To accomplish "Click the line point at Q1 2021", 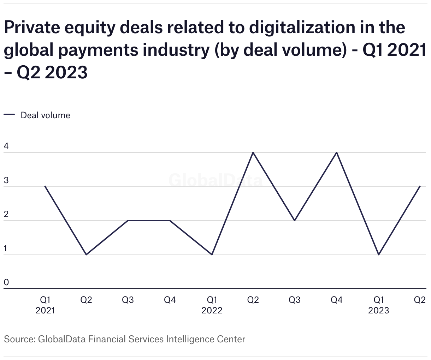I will pos(45,186).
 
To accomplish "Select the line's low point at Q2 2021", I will pos(86,254).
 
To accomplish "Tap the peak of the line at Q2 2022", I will pos(253,152).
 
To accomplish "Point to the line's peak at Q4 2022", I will pos(337,152).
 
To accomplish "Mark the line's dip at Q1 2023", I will pos(379,254).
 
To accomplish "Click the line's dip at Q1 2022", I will pos(212,254).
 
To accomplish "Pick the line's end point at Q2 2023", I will pos(420,186).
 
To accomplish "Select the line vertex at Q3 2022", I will pos(295,221).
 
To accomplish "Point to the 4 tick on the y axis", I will pos(6,146).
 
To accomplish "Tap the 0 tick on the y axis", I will pos(6,282).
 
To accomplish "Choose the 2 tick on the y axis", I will pos(6,214).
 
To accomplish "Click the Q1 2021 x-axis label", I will pos(45,305).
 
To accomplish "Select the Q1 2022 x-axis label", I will pos(212,305).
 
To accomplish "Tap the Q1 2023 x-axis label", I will pos(379,305).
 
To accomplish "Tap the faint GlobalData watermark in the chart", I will pos(215,180).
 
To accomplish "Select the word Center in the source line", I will pos(231,340).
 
